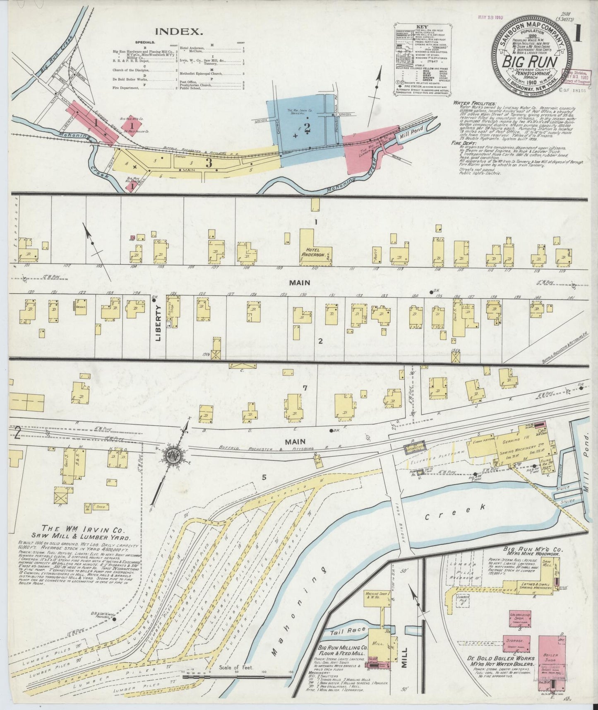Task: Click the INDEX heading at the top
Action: pyautogui.click(x=179, y=31)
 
